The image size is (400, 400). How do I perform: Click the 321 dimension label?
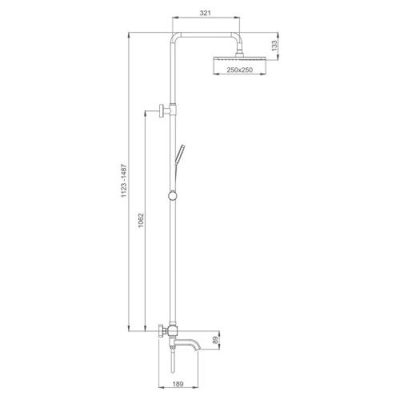[206, 13]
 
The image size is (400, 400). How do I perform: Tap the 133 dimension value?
[274, 46]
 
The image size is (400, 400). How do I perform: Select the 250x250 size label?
[239, 70]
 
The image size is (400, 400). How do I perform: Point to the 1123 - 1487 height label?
[124, 181]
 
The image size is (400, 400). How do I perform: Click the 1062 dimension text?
[141, 220]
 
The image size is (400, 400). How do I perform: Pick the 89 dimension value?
[215, 340]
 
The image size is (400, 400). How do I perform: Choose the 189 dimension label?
[178, 384]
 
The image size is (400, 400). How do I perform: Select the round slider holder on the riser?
[173, 196]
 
